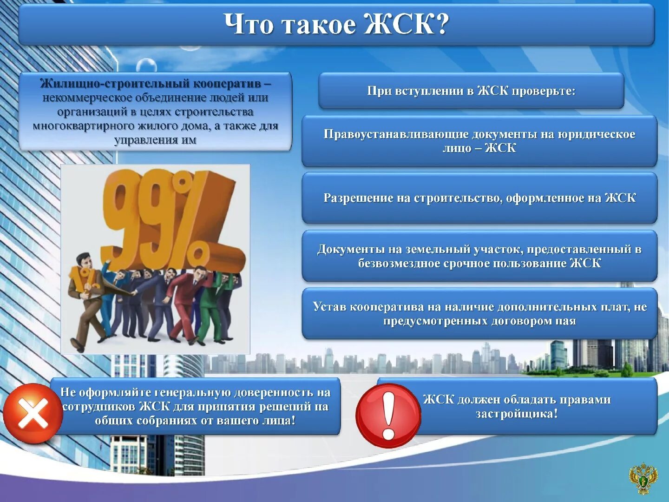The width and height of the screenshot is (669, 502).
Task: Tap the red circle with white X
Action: pos(33,413)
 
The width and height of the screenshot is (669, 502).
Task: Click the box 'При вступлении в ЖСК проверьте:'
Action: pos(471,91)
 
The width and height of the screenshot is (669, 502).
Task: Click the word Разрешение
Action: pos(358,198)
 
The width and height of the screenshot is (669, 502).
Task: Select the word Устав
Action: pos(329,307)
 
